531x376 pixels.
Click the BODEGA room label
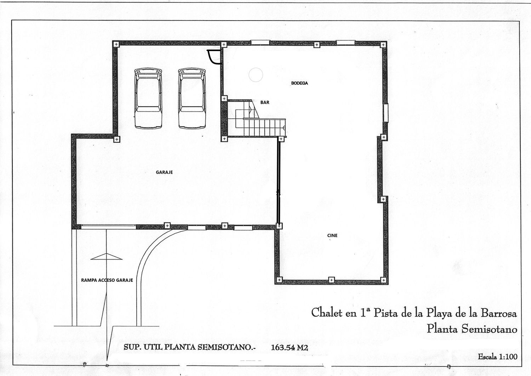click(x=299, y=83)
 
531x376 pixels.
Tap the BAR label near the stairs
click(x=265, y=102)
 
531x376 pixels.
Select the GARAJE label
click(x=164, y=172)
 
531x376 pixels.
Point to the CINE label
click(x=332, y=235)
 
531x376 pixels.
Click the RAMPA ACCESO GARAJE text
click(x=107, y=280)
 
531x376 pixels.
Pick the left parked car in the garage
click(x=148, y=98)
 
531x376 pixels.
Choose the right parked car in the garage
click(x=192, y=98)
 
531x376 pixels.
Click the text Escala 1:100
click(x=497, y=357)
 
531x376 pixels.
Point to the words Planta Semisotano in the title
click(x=472, y=329)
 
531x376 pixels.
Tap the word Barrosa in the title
click(x=498, y=313)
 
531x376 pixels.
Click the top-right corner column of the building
click(x=383, y=45)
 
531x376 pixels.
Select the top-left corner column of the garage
click(x=116, y=44)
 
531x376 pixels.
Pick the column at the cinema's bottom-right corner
click(x=384, y=280)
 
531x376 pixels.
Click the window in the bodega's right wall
click(x=386, y=112)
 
